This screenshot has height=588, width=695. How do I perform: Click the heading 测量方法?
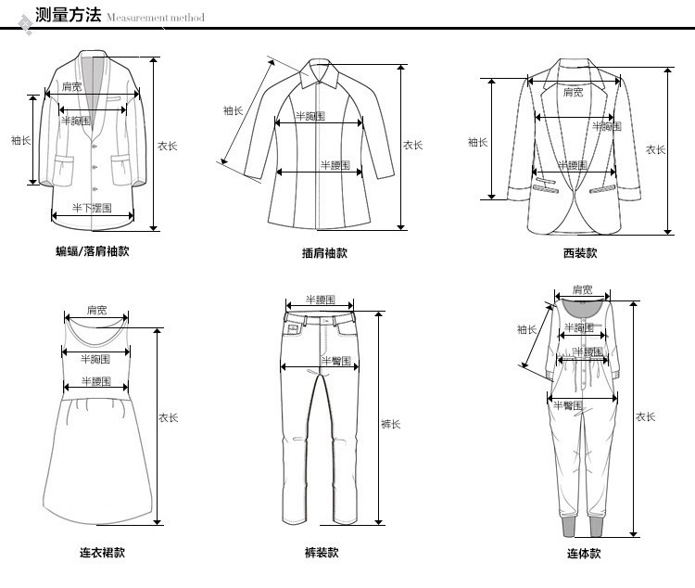click(67, 15)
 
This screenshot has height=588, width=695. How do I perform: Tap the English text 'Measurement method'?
click(155, 18)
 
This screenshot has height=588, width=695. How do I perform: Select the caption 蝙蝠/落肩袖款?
click(92, 251)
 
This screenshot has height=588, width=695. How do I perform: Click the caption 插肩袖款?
click(324, 253)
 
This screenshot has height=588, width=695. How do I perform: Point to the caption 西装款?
click(580, 253)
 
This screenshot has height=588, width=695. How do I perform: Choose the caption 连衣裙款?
click(102, 554)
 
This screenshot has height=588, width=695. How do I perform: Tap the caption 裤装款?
click(322, 554)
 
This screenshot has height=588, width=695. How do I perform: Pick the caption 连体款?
click(584, 554)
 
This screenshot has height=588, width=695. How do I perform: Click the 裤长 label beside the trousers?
click(391, 425)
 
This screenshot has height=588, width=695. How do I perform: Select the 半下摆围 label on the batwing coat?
click(92, 208)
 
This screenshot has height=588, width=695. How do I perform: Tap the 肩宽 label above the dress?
click(96, 310)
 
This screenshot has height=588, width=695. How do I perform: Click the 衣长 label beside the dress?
click(168, 418)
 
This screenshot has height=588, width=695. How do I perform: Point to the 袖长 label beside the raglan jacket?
click(234, 110)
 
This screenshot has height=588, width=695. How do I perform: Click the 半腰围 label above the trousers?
click(322, 301)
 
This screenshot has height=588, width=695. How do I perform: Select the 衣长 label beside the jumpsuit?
click(646, 417)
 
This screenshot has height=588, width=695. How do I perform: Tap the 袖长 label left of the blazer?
click(477, 142)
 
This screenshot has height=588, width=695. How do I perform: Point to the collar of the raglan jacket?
click(321, 74)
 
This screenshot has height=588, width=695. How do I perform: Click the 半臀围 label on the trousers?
click(335, 360)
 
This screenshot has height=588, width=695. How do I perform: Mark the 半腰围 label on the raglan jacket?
click(335, 165)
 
